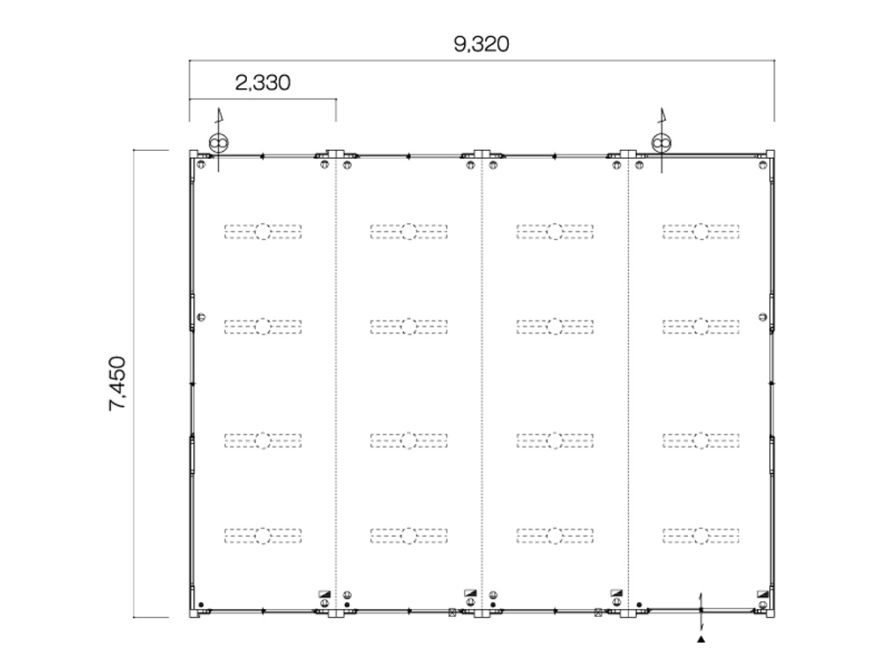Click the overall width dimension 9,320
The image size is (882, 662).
tap(482, 44)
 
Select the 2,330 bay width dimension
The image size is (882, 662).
tap(263, 83)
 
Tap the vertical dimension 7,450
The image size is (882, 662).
tap(117, 383)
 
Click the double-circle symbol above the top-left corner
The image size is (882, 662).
tap(218, 143)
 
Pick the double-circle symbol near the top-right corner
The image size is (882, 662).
tap(661, 142)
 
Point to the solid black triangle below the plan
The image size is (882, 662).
tap(701, 639)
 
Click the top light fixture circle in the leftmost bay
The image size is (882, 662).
tap(263, 231)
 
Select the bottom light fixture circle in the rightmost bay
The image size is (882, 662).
tap(701, 536)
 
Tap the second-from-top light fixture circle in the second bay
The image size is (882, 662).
tap(409, 326)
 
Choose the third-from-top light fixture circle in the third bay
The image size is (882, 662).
tap(555, 440)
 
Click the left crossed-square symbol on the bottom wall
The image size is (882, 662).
tap(452, 613)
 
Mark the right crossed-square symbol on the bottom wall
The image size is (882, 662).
tap(599, 613)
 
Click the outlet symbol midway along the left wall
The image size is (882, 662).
tap(201, 317)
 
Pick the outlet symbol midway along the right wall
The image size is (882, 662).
tap(763, 317)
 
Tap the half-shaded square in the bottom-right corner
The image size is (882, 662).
tap(763, 593)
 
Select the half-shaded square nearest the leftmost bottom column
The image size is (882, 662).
tap(325, 593)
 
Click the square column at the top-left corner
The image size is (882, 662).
tap(193, 154)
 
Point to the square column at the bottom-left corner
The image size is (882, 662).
tap(193, 613)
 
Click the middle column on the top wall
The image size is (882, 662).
tap(482, 154)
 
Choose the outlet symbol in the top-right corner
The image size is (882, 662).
tap(763, 165)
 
